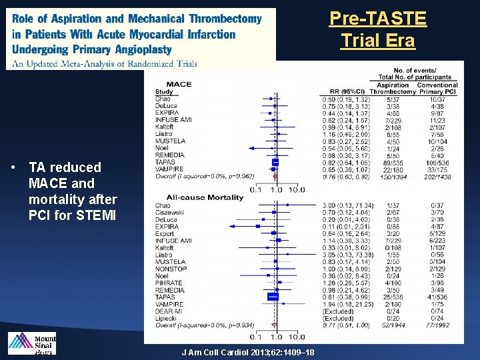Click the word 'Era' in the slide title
(x=399, y=41)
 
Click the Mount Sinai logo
(x=32, y=343)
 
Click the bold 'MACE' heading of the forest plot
(x=178, y=85)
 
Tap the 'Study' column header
(x=163, y=92)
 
